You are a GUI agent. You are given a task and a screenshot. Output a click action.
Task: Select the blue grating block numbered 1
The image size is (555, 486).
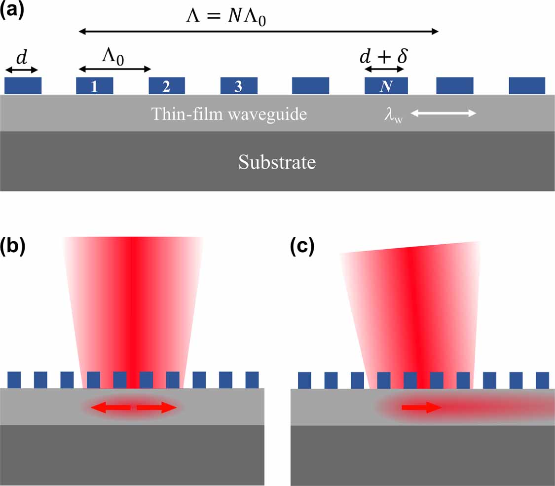(94, 86)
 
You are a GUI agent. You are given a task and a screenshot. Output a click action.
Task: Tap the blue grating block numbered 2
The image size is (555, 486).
(167, 86)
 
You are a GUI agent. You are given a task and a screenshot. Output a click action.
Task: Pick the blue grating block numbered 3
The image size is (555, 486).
(238, 86)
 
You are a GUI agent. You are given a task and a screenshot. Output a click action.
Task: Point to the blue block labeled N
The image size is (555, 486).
(386, 86)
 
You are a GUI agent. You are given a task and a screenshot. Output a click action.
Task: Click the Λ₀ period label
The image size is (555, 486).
(112, 56)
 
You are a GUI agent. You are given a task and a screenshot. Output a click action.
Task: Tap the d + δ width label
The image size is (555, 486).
(383, 56)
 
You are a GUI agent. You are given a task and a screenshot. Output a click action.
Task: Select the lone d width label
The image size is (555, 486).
(21, 58)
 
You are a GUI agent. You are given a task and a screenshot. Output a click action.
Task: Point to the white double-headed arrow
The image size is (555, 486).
(443, 114)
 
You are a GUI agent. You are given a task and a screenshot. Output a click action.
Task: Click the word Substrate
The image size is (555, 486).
(277, 162)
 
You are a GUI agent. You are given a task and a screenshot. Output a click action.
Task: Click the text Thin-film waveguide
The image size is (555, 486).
(229, 114)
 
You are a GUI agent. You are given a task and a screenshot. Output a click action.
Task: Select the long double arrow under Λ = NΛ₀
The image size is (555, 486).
(259, 32)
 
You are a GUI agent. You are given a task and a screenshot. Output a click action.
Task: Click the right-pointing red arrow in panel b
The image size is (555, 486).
(156, 408)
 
